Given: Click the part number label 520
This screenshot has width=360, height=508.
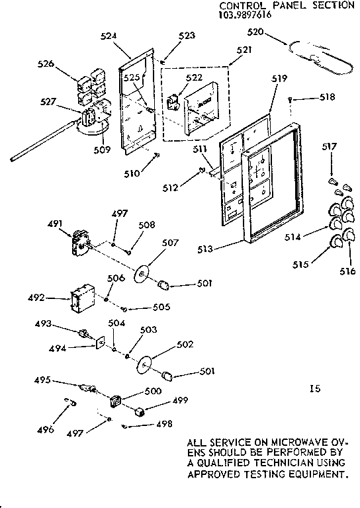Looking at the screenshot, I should coord(255,32).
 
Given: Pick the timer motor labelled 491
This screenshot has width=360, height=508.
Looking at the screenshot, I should coord(80,242).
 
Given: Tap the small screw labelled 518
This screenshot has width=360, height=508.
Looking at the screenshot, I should coord(291,99).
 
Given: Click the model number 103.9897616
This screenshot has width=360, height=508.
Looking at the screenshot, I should coord(246,13).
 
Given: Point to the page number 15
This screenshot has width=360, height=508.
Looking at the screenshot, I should coord(314,389).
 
